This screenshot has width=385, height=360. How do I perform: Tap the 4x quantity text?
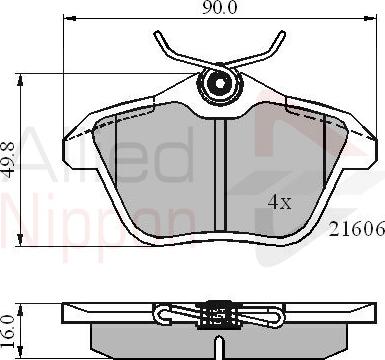278,201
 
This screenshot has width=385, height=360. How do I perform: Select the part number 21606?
357,229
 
